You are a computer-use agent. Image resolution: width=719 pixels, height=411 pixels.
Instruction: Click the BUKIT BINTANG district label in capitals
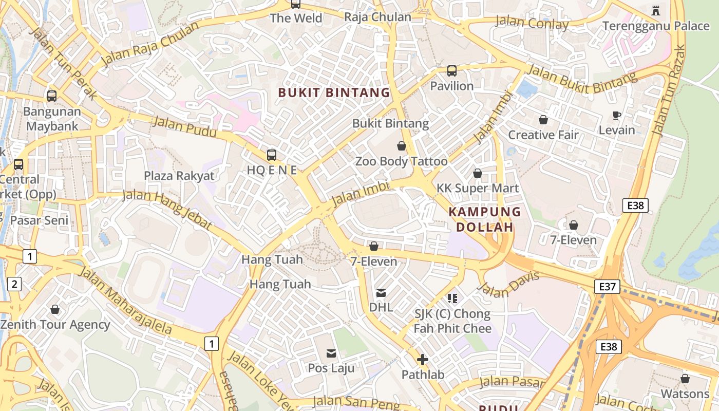click(334, 93)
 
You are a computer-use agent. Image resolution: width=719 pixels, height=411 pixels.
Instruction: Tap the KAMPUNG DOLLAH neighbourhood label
click(485, 219)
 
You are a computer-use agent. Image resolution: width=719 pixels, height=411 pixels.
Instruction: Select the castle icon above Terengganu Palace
click(656, 10)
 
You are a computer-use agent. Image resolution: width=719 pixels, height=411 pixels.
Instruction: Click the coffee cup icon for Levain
click(617, 115)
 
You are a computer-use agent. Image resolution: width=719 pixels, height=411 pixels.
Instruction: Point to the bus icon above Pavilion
click(452, 71)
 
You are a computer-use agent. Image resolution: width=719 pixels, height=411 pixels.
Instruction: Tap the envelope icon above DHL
click(381, 293)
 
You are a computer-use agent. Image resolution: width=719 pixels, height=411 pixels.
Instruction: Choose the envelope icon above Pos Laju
click(331, 353)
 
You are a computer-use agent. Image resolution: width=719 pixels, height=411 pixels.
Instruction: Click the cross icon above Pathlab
click(423, 360)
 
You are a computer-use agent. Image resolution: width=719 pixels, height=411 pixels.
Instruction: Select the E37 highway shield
click(607, 286)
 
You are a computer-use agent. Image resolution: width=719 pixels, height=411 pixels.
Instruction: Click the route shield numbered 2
click(14, 284)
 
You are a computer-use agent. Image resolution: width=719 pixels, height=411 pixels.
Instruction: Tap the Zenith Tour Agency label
click(55, 325)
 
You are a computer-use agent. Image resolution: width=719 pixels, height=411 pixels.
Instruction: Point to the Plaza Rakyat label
click(179, 176)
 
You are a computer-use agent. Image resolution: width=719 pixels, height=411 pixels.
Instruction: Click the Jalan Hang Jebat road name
click(167, 209)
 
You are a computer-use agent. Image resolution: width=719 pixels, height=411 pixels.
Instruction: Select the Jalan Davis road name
click(508, 284)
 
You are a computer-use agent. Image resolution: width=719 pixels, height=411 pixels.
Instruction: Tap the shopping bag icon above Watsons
click(685, 379)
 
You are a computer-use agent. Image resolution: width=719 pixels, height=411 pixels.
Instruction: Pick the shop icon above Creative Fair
click(543, 120)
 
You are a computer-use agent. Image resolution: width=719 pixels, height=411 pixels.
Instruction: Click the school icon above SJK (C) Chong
click(452, 298)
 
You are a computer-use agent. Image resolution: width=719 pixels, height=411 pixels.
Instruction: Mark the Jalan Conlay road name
click(532, 23)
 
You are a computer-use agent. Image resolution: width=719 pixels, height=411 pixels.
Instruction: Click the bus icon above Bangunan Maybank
click(52, 96)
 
